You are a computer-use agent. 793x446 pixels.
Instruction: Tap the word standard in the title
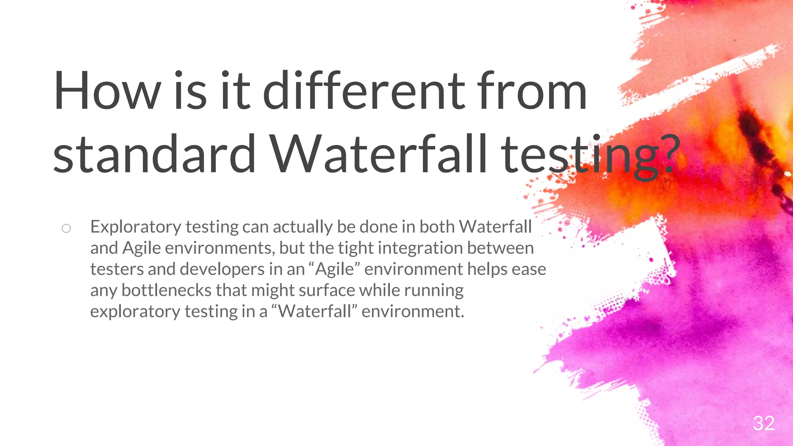pos(154,154)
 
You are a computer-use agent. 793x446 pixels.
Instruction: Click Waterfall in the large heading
pos(378,154)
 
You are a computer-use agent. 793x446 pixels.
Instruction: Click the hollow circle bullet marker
pos(66,228)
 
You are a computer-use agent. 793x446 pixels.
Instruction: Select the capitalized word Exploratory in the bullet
pos(136,227)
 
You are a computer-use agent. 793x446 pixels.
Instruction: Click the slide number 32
pos(764,423)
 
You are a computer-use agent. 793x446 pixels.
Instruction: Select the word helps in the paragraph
pos(487,269)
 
